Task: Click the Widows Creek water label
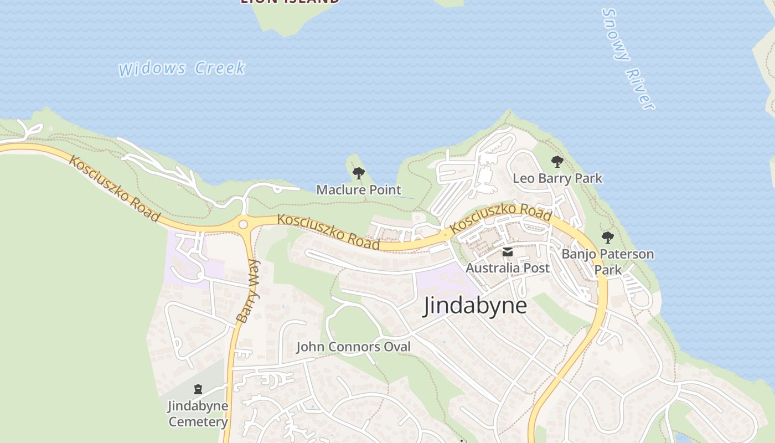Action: coord(182,69)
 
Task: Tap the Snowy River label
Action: coord(628,59)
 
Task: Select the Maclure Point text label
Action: coord(359,190)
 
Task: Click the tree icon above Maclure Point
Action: coord(359,173)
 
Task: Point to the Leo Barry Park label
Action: coord(557,178)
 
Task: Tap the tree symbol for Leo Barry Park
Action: coord(557,162)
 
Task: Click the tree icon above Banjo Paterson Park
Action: coord(608,238)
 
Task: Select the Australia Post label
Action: coord(508,268)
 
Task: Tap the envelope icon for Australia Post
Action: coord(508,253)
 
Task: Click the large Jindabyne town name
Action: coord(475,305)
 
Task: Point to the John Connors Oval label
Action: coord(354,347)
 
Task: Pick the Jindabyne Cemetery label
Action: coord(198,414)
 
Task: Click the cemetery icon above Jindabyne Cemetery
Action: coord(198,389)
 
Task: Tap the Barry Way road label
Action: coord(247,292)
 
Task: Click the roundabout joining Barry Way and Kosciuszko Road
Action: coord(242,224)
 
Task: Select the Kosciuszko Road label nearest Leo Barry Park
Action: coord(500,218)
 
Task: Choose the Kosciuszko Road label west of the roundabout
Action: coord(115,188)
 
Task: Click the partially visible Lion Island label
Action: coord(290,2)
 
